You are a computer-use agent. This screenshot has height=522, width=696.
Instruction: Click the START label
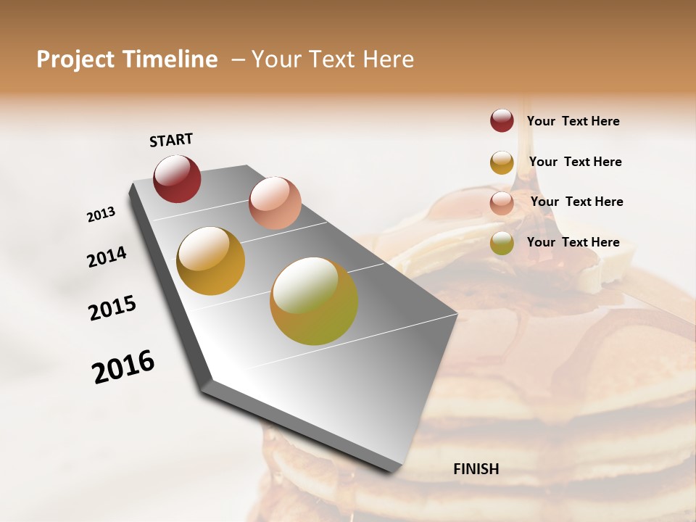point(171,140)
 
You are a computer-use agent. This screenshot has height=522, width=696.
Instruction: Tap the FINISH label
point(476,469)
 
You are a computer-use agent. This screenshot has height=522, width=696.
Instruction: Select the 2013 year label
point(101,215)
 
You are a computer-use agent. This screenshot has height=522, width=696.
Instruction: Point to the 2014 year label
point(107,257)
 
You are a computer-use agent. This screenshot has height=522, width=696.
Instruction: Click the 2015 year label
point(112,308)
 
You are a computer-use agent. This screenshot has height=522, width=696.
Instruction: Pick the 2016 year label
point(123,367)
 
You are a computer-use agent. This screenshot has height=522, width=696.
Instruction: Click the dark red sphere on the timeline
point(177,178)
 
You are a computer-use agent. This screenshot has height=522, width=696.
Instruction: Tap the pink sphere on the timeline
point(275,203)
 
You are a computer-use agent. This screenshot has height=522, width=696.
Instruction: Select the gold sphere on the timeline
point(210,261)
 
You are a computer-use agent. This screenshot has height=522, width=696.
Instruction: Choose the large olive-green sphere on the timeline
point(314,301)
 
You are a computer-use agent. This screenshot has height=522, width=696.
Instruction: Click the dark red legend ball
point(502,120)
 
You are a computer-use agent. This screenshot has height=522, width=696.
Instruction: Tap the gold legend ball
point(502,162)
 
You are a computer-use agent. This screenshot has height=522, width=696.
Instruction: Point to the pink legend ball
point(502,203)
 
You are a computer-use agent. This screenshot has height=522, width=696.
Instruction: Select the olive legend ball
point(502,243)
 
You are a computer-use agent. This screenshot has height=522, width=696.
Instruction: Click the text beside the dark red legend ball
point(573,121)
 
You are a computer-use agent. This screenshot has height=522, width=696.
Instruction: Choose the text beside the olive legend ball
point(573,242)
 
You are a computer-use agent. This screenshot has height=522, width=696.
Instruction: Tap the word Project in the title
point(76,59)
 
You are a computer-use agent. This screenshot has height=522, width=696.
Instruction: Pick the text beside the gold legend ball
point(575,162)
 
